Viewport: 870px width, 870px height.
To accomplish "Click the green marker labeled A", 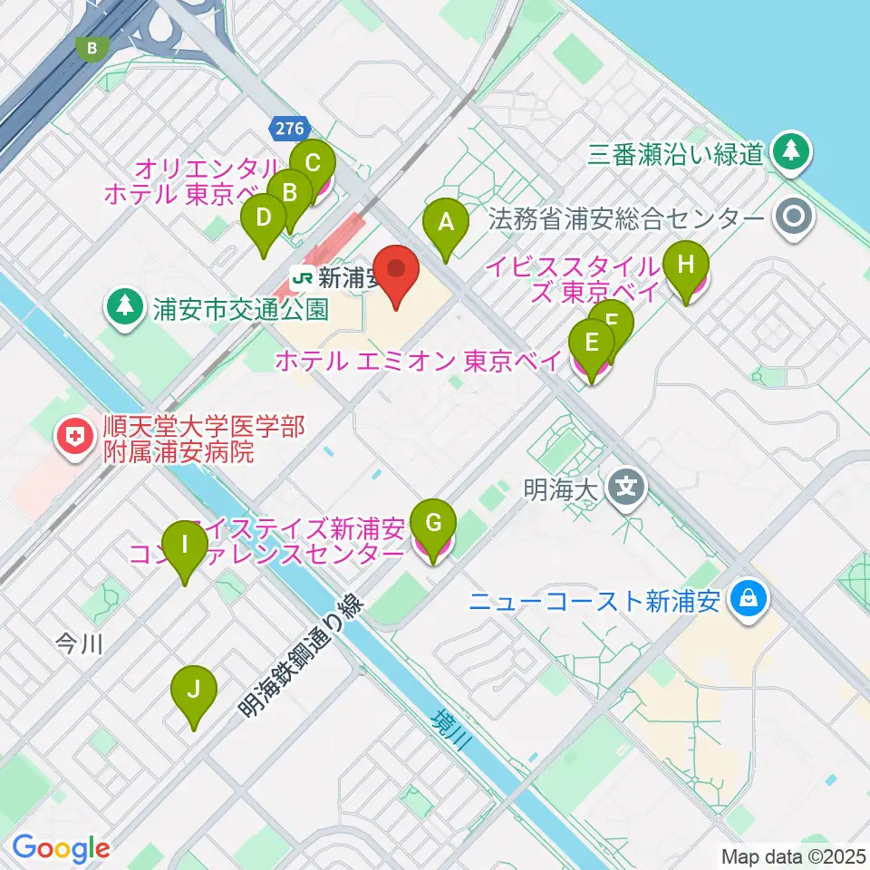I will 445,221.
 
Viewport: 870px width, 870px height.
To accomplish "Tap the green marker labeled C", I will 313,165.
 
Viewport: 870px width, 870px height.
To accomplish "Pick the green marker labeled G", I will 433,523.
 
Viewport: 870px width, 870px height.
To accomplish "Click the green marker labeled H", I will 686,266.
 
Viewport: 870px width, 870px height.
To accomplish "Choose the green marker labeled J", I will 194,690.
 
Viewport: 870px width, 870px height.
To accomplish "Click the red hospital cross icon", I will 70,438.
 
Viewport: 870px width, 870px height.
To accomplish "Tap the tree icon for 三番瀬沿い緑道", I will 792,151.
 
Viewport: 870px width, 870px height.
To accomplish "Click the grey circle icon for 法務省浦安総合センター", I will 795,218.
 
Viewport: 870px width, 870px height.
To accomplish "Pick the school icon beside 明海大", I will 625,488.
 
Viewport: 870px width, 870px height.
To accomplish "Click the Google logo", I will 61,847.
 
